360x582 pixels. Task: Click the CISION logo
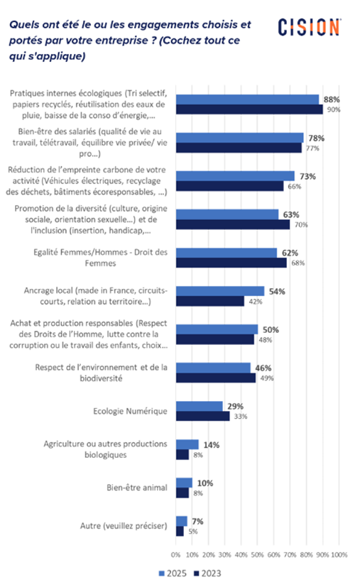coord(309,27)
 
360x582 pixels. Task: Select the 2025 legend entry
coord(173,573)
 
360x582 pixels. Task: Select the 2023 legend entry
coord(207,573)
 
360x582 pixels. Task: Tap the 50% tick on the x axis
coord(258,555)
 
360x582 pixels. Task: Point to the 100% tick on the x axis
coord(339,555)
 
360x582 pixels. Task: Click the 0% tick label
coord(175,555)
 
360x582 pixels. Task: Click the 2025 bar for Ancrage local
coord(220,292)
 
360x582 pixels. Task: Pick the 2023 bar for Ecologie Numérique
coord(203,416)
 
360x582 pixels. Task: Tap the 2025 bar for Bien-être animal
coord(185,483)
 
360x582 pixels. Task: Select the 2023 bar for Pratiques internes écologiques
coord(249,109)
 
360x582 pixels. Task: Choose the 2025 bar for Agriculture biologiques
coord(187,445)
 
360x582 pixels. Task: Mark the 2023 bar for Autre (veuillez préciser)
coord(180,531)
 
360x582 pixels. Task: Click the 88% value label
coord(332,99)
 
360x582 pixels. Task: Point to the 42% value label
coord(256,302)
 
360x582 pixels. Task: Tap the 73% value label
coord(308,176)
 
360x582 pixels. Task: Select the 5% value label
coord(193,532)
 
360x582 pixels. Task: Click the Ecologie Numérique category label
coord(130,411)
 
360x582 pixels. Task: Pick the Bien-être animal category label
coord(137,488)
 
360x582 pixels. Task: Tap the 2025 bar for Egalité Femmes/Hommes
coord(227,253)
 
